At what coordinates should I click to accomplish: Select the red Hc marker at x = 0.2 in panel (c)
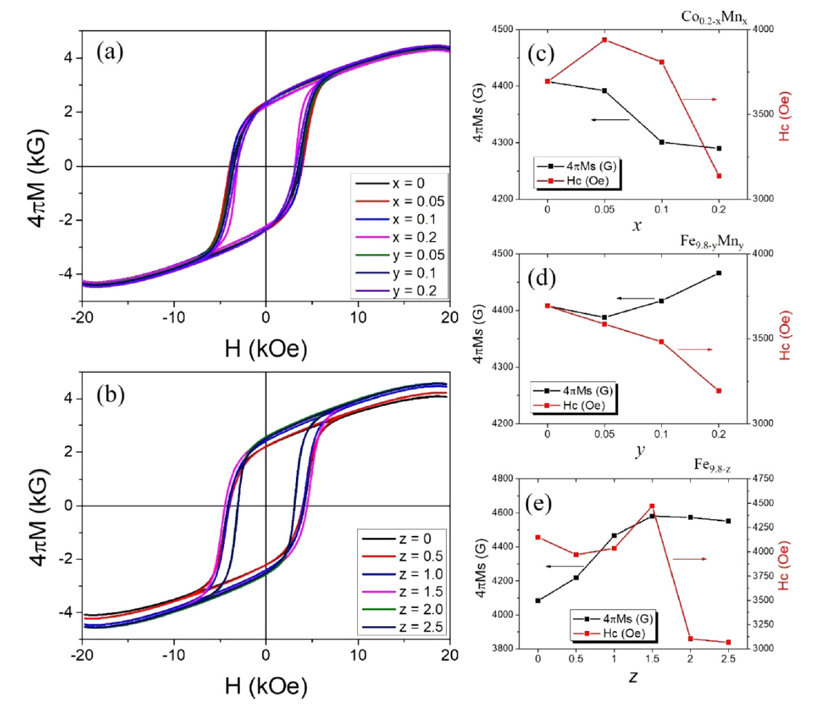(x=719, y=176)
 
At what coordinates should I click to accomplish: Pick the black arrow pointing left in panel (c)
(x=610, y=119)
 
